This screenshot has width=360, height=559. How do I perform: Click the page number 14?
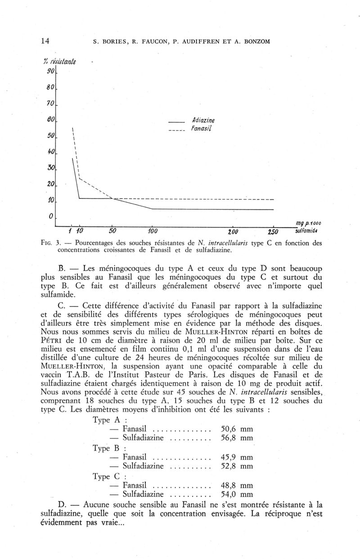[45, 41]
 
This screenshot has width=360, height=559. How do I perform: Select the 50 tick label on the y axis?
[50, 135]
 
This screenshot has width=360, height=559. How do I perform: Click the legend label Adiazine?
[203, 120]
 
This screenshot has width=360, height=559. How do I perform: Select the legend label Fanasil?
[202, 128]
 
